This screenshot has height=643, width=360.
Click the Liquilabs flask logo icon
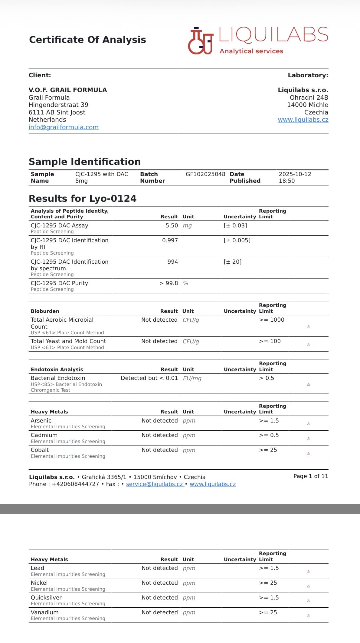coord(201,41)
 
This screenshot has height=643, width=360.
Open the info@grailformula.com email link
coord(64,127)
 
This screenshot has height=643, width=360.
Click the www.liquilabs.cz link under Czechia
coord(303,120)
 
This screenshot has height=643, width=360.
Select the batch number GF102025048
coord(205,174)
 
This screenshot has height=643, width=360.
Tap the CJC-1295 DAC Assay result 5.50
coord(172,226)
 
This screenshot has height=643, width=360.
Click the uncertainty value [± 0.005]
coord(237,240)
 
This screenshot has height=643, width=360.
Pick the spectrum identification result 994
coord(172,262)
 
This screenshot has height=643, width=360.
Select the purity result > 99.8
coord(169,283)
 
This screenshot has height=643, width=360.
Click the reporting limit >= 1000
coord(271,320)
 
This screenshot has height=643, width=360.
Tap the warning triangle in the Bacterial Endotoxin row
coord(309,384)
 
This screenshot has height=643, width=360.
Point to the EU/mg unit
coord(192,378)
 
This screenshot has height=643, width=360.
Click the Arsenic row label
coord(41,421)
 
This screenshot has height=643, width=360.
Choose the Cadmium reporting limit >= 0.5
coord(269,435)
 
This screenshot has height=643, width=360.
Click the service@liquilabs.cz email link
coord(155,484)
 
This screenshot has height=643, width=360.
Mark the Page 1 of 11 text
coord(310,476)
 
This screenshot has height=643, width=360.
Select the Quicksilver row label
coord(46,598)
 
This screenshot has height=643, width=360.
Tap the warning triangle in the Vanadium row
coord(309,616)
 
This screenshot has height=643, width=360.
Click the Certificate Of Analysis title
coord(87,40)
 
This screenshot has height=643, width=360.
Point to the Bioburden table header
coord(45,311)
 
